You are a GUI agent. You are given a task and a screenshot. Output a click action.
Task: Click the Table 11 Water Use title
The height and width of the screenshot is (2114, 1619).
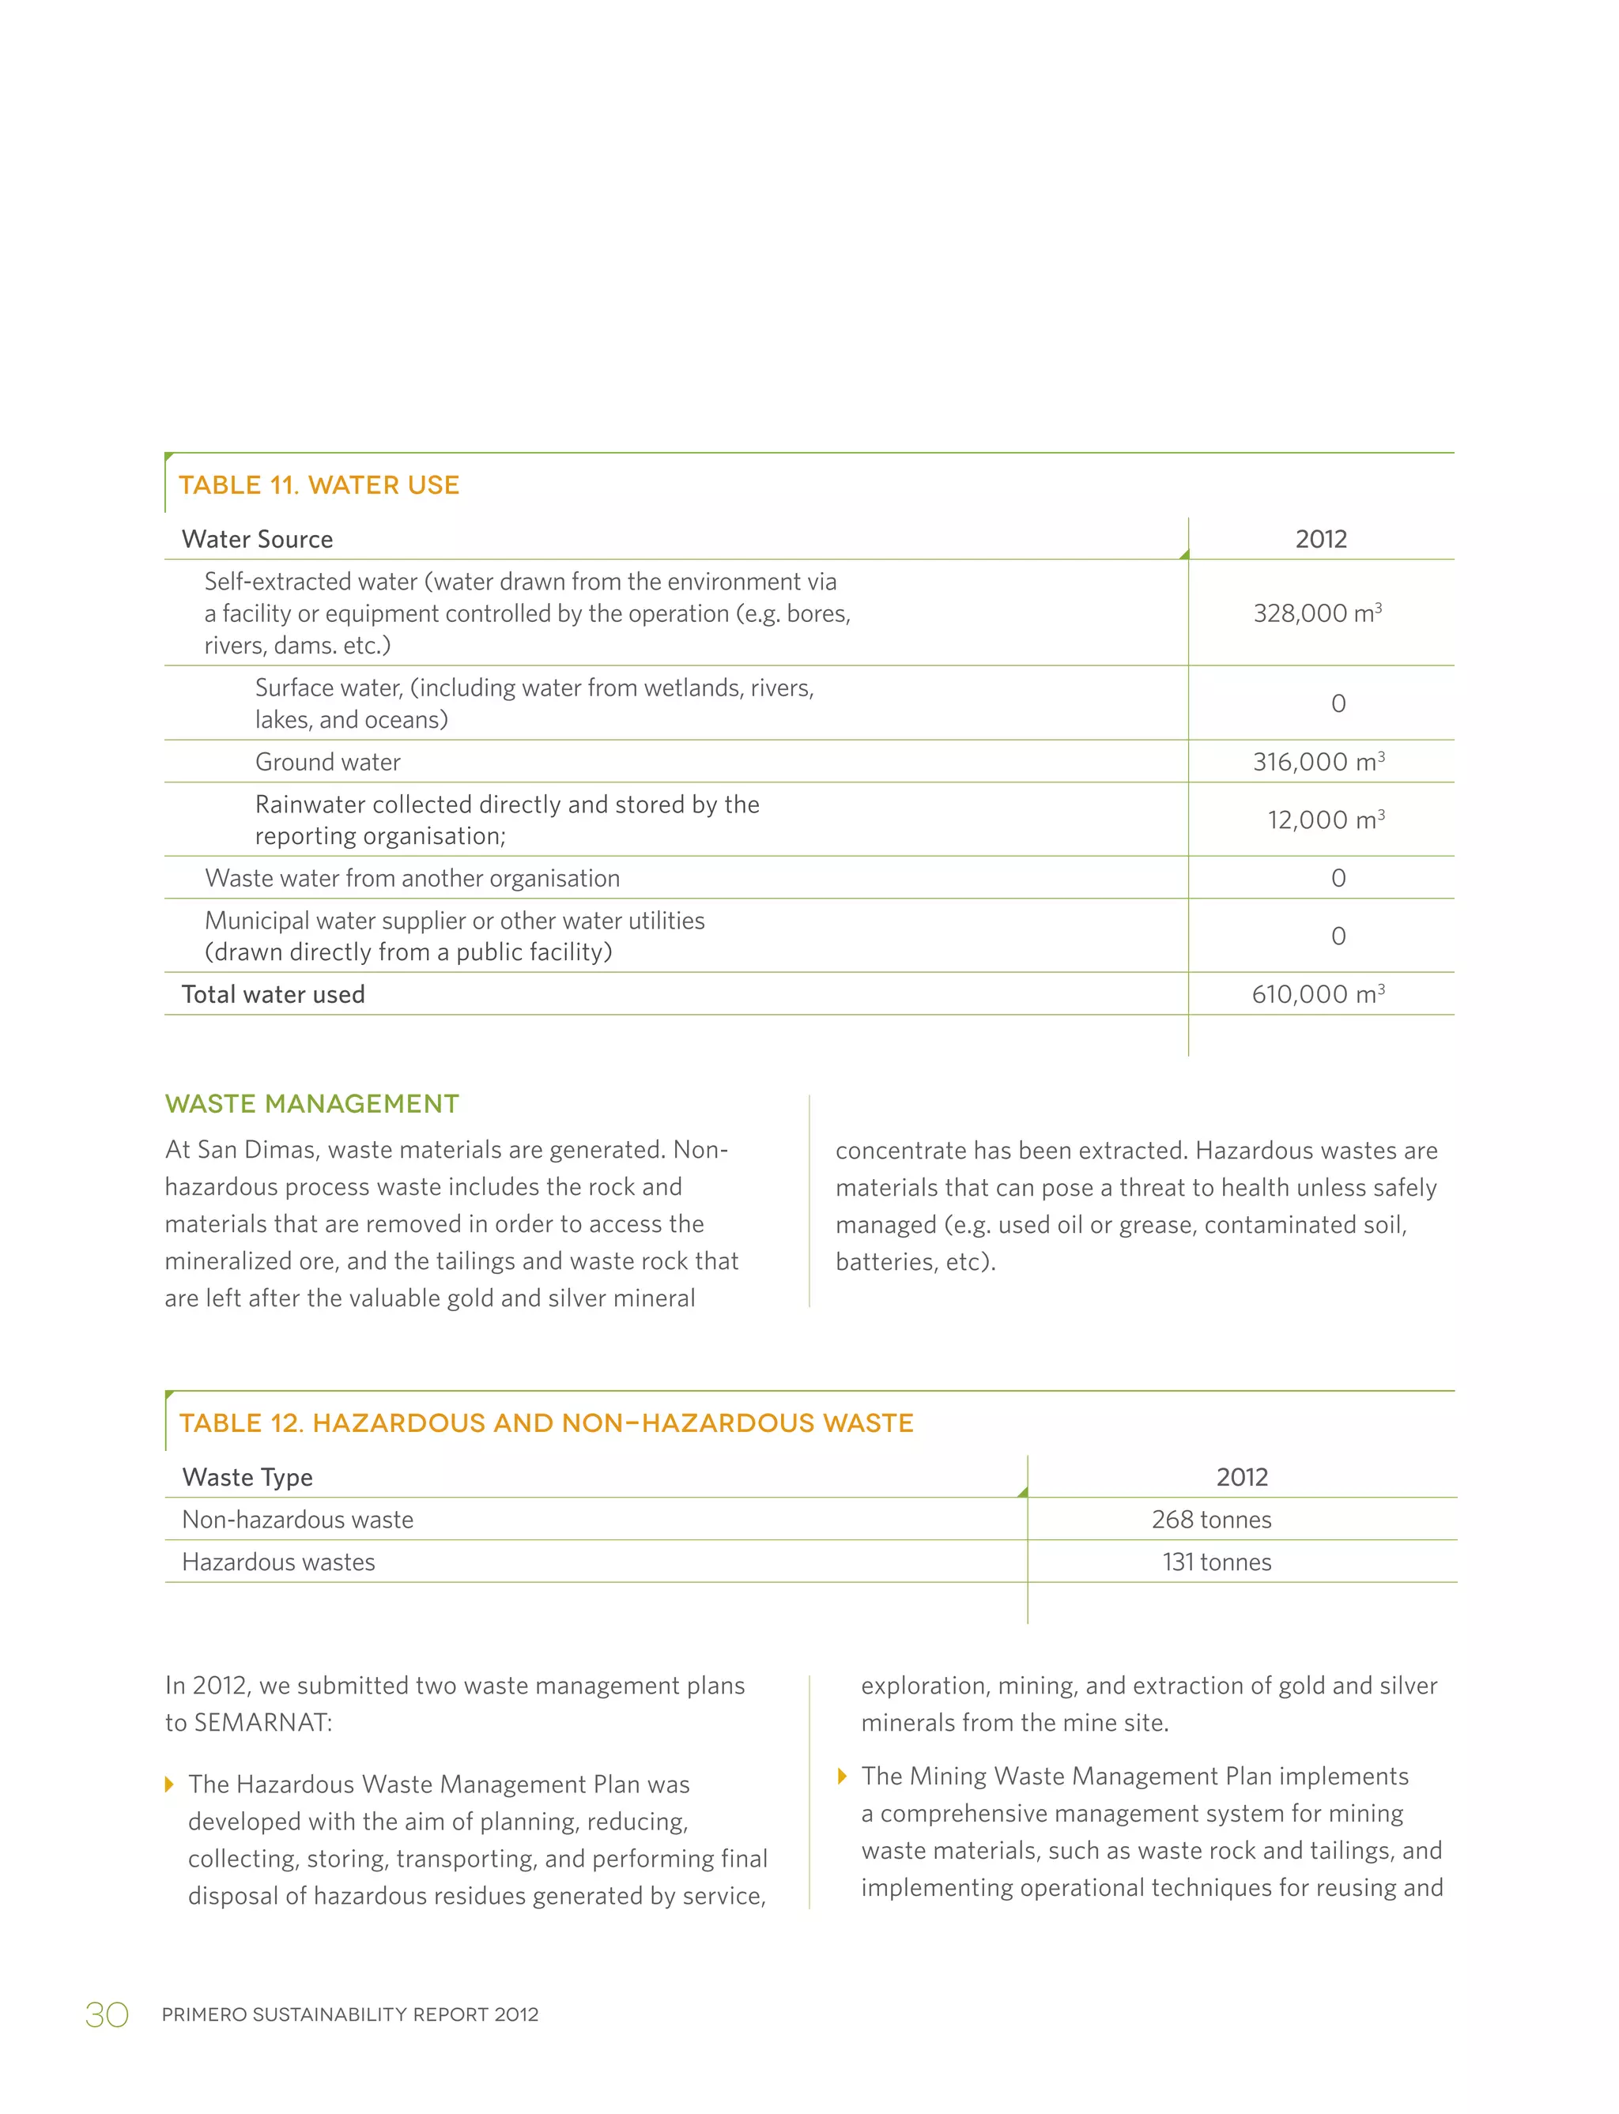click(319, 484)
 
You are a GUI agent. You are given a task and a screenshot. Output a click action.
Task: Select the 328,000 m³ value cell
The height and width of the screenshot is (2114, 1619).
click(1317, 612)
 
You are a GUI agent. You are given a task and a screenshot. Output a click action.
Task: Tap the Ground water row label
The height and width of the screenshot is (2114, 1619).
click(327, 762)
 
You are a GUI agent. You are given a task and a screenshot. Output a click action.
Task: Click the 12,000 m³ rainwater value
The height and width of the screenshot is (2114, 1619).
click(1326, 820)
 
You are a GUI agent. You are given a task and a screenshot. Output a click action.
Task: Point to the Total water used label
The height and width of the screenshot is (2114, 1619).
click(273, 994)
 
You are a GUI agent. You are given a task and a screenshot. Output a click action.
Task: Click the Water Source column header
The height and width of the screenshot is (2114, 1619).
click(257, 540)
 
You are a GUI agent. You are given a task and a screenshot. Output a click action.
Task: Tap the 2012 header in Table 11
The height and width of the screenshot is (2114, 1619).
click(1320, 540)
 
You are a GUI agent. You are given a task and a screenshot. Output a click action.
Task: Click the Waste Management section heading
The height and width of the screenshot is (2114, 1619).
click(312, 1103)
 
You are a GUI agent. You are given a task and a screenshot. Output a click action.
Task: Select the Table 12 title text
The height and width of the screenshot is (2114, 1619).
click(546, 1423)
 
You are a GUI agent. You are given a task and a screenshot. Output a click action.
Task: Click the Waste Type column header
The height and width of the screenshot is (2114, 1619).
click(247, 1477)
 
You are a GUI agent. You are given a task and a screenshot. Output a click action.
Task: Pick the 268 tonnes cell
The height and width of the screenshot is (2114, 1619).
click(1211, 1520)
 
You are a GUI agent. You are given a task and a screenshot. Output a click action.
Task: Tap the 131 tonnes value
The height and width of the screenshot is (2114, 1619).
click(1216, 1562)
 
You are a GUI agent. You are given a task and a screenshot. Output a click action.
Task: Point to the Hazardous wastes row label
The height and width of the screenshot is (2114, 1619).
click(278, 1562)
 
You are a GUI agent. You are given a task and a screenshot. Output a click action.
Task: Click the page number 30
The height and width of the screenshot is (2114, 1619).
click(107, 2014)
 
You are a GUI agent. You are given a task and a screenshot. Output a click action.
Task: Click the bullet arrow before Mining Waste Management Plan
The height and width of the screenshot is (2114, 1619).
click(843, 1776)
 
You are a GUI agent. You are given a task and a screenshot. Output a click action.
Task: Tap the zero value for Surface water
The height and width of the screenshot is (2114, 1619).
click(1338, 703)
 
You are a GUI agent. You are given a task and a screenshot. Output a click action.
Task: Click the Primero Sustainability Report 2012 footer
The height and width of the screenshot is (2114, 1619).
click(350, 2014)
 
